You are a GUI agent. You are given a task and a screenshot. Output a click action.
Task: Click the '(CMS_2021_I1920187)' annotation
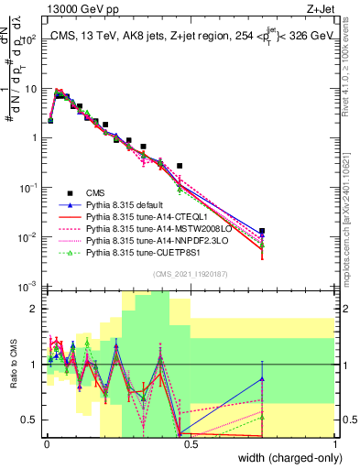191,273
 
